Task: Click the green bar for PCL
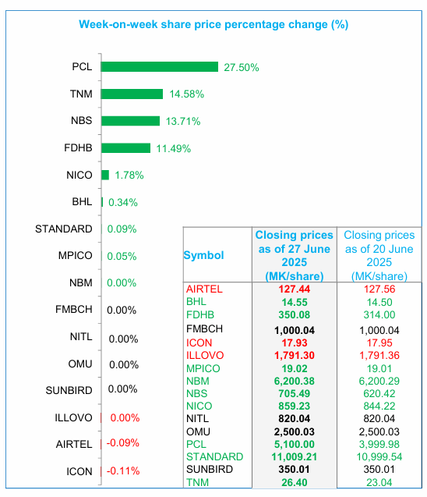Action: (x=160, y=67)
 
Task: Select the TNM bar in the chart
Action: (x=132, y=94)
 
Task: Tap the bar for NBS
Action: (x=130, y=121)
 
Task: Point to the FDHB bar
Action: (x=125, y=148)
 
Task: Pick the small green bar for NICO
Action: (x=105, y=175)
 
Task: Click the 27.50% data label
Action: (x=242, y=68)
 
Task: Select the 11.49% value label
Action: (x=174, y=149)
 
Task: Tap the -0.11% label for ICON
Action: (x=123, y=471)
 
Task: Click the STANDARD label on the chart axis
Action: (x=64, y=229)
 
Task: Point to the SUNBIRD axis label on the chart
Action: (x=69, y=390)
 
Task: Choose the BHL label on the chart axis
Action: (x=82, y=202)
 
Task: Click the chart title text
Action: (x=213, y=24)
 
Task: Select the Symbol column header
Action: (x=204, y=255)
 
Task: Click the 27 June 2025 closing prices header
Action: (x=295, y=255)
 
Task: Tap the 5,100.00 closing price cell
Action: (x=295, y=445)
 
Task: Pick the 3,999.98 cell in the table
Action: (x=379, y=445)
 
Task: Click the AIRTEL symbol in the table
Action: (x=204, y=289)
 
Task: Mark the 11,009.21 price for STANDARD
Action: (x=295, y=456)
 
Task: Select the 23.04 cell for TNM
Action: (x=379, y=482)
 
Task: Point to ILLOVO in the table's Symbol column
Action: (x=205, y=355)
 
